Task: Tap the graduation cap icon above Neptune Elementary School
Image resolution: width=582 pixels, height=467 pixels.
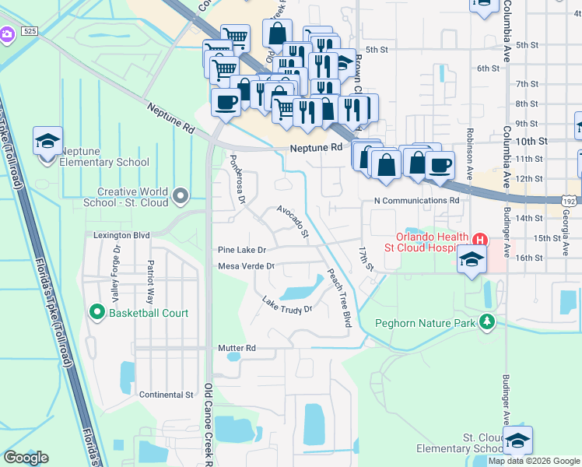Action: click(x=47, y=142)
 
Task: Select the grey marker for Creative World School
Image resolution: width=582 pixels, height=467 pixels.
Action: click(x=181, y=195)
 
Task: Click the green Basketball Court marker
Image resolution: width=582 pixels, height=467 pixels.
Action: click(x=97, y=313)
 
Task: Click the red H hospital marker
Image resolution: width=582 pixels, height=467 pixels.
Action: click(x=480, y=239)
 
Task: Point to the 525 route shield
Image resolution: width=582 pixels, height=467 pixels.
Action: click(x=30, y=31)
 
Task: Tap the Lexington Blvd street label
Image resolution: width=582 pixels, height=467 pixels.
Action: click(x=121, y=234)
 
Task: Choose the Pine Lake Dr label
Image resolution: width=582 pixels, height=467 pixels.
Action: click(x=242, y=250)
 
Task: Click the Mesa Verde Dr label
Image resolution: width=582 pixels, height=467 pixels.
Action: click(x=247, y=266)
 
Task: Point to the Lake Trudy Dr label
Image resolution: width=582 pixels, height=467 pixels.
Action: click(x=286, y=304)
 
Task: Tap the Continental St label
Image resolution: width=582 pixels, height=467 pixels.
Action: click(x=166, y=395)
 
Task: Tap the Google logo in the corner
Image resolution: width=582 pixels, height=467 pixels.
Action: click(x=26, y=457)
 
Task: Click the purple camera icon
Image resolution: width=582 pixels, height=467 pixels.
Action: click(x=7, y=34)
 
